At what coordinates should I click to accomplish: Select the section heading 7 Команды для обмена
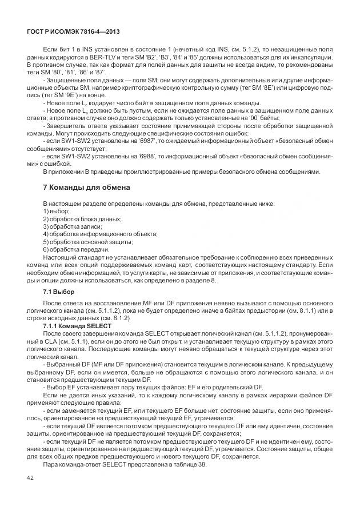[x=87, y=188]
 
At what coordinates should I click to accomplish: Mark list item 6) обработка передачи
[x=76, y=249]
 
